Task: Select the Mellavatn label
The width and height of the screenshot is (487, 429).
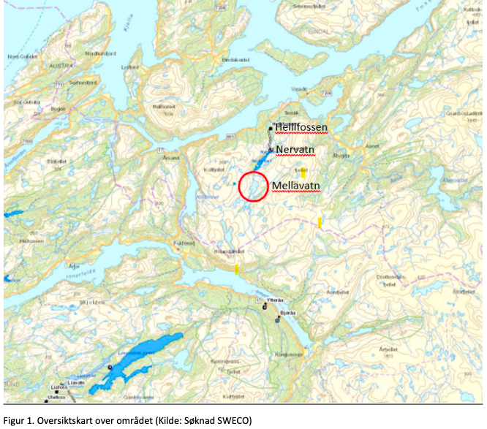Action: pos(296,186)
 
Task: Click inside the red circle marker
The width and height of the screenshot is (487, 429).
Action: pos(253,187)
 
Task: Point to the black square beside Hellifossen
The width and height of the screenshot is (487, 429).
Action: pos(271,128)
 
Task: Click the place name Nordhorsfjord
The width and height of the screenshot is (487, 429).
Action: pos(99,52)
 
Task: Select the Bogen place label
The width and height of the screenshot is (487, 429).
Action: pos(58,108)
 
